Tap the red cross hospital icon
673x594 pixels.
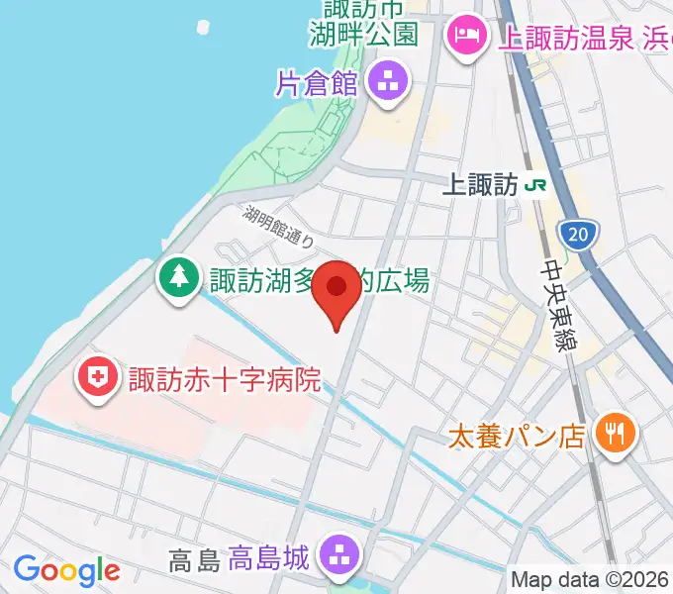coord(97,378)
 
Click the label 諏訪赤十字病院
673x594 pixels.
coord(224,379)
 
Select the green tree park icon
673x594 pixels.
coord(178,279)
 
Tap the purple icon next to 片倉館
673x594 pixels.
coord(387,82)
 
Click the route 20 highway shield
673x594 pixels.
coord(578,235)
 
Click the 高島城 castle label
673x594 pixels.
coord(271,559)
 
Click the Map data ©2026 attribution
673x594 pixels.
coord(590,578)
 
